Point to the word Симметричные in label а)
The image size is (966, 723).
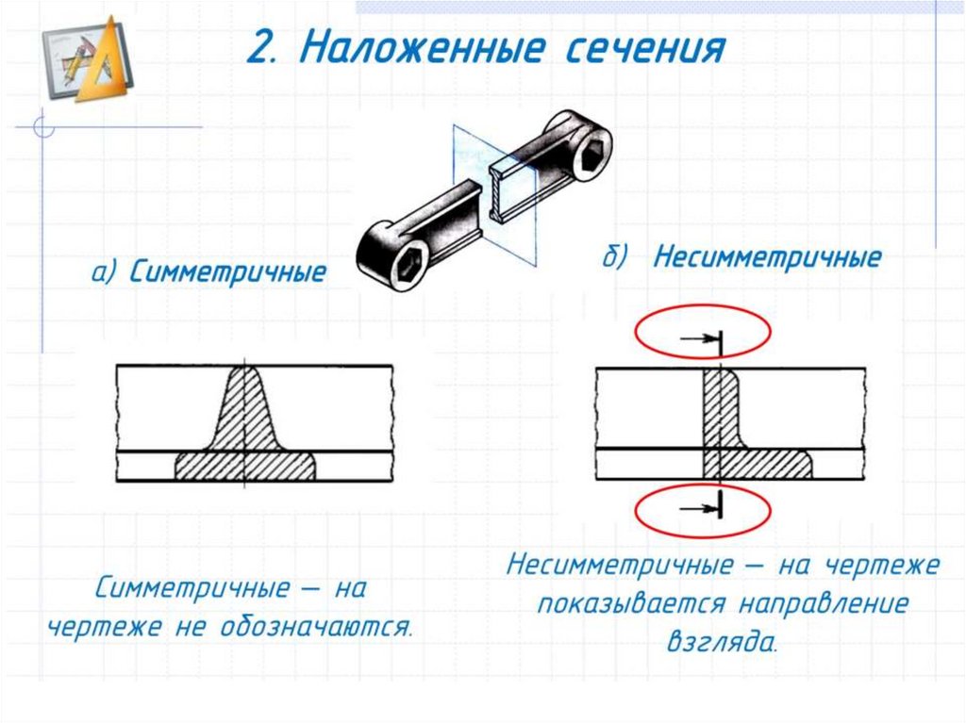227,273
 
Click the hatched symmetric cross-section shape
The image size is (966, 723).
244,434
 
